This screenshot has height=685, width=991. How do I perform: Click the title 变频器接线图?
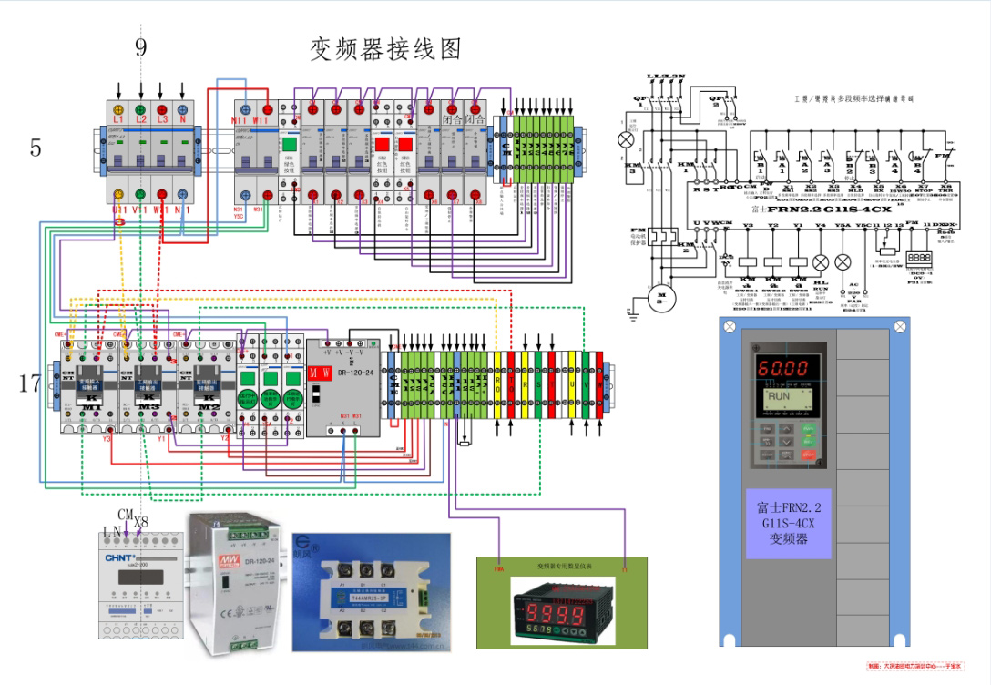pos(386,48)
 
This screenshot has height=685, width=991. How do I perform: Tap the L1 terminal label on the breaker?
pos(118,119)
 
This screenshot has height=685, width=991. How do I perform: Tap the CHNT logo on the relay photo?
pos(120,557)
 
